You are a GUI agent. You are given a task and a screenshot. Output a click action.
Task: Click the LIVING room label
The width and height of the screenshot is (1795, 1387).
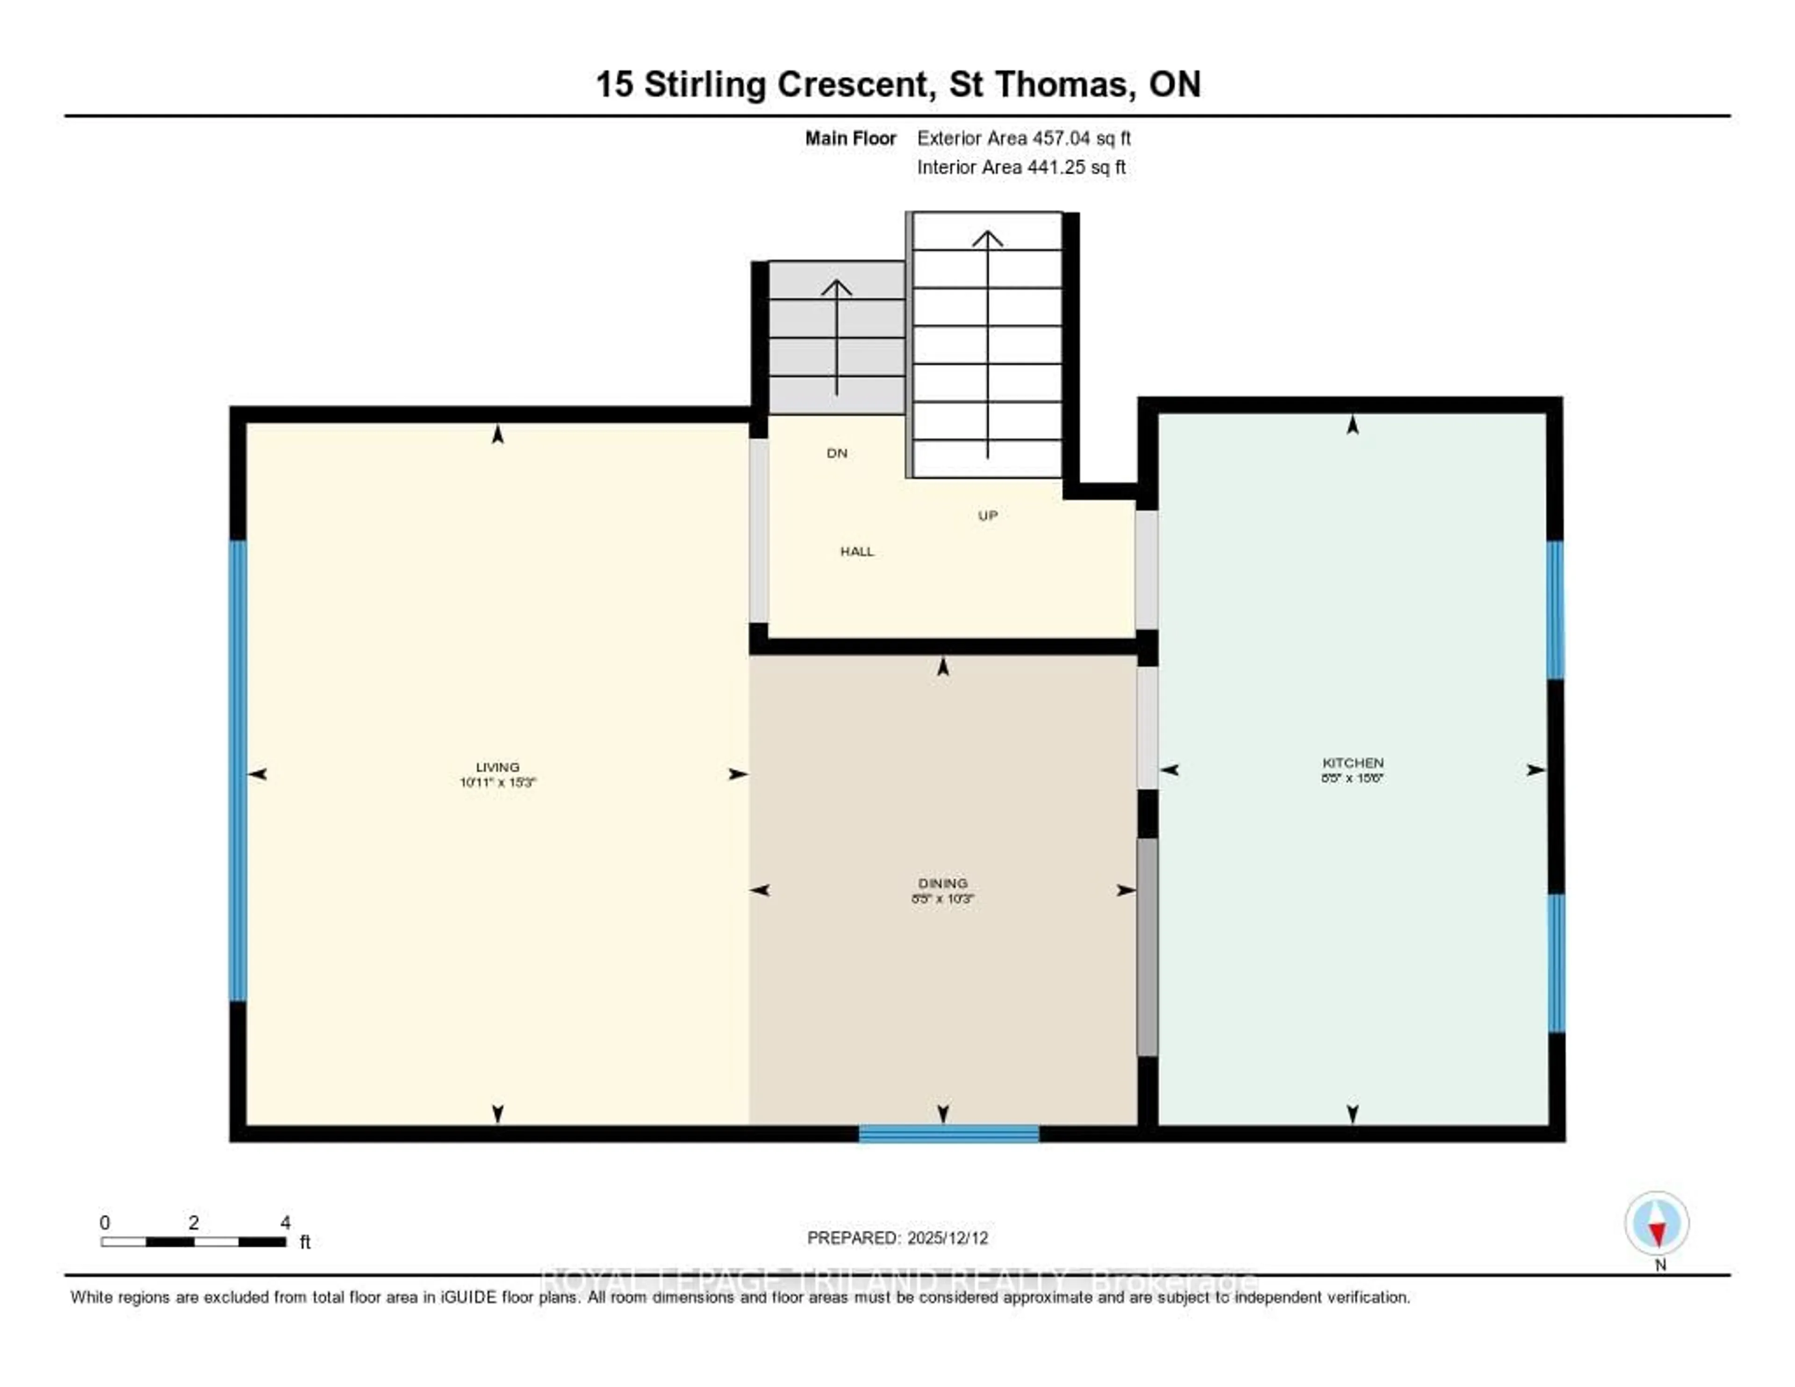coord(497,767)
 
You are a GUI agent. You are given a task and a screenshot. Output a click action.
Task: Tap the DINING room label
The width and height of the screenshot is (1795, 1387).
coord(943,883)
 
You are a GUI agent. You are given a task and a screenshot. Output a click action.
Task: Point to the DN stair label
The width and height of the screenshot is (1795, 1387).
coord(837,453)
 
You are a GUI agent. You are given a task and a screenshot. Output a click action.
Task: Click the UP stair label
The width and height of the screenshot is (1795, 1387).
coord(987,515)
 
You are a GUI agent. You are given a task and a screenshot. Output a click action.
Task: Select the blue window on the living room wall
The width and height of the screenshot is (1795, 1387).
coord(237,770)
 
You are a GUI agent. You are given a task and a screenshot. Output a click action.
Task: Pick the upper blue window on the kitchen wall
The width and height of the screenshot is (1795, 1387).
coord(1555,609)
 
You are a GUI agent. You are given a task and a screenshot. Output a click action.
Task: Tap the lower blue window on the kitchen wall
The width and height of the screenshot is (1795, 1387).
coord(1556,963)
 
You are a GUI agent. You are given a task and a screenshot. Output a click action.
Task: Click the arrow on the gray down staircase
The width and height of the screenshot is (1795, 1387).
coord(837,337)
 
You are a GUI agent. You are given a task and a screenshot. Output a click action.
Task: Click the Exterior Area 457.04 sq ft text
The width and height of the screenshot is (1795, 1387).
coord(1023,138)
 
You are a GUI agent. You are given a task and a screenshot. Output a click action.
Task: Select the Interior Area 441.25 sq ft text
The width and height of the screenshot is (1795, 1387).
coord(1021,167)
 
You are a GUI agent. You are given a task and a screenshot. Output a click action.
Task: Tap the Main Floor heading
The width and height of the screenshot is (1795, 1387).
coord(850,138)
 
